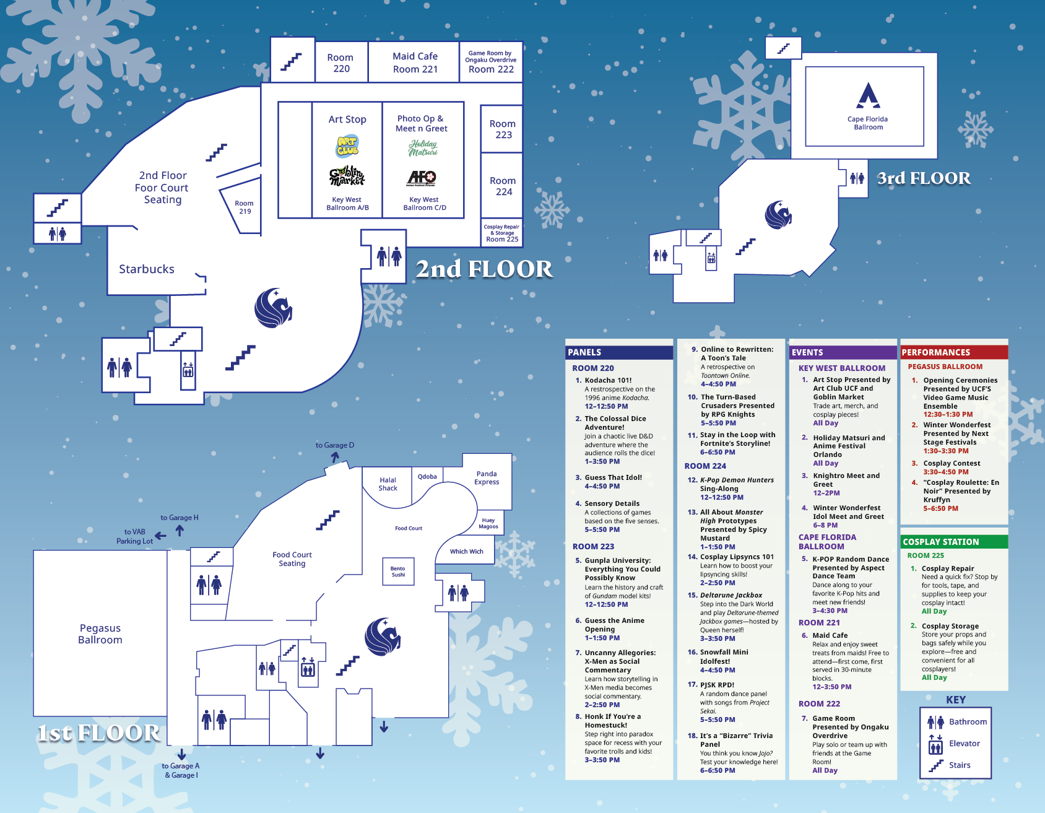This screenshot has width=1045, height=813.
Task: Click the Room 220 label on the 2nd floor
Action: (341, 63)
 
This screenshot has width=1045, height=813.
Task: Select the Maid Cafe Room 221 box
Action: (415, 63)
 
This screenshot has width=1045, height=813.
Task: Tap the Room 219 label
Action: (245, 207)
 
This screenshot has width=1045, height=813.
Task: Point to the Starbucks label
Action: (147, 269)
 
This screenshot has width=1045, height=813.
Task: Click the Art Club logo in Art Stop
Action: (348, 147)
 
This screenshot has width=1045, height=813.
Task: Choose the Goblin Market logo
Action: (347, 176)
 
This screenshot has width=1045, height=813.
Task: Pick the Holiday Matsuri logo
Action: (423, 148)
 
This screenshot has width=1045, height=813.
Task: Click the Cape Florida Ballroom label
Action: (867, 123)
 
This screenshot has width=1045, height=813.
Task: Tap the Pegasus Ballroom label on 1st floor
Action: (100, 634)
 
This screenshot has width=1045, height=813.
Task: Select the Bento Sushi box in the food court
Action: (398, 571)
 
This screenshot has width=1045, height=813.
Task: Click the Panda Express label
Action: (487, 478)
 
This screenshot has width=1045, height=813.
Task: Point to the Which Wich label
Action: (467, 551)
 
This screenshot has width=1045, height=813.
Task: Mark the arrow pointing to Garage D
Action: (335, 457)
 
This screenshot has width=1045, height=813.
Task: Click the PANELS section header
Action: (585, 352)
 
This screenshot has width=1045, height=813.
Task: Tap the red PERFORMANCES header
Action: (935, 352)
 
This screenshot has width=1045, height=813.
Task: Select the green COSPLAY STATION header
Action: (940, 542)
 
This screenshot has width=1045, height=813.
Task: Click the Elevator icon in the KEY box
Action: (935, 744)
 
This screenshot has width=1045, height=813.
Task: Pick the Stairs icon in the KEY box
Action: (935, 766)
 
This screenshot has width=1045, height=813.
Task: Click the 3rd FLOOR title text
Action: (924, 178)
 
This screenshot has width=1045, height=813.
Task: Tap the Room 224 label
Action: (503, 186)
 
